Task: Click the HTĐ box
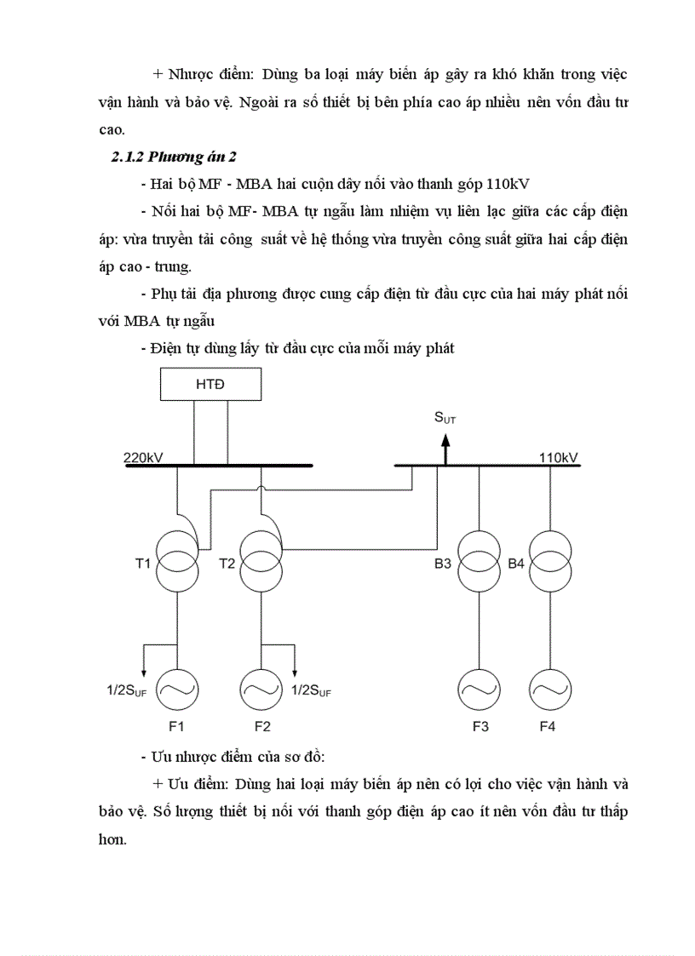[210, 384]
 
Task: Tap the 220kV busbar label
[144, 457]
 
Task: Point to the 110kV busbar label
[559, 457]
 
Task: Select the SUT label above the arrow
[445, 417]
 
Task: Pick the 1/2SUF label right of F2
[312, 691]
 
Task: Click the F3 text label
[480, 727]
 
